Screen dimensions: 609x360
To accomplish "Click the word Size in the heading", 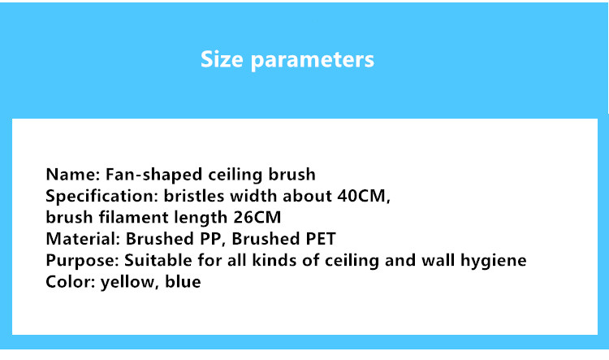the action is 222,59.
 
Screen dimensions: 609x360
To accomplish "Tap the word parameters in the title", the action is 313,61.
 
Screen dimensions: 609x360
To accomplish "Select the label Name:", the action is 73,174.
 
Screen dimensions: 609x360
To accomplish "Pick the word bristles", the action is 194,196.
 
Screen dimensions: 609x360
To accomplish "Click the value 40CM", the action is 361,196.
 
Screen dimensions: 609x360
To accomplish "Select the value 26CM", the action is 257,217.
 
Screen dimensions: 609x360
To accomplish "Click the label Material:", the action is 83,239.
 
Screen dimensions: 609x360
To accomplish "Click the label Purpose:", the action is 82,261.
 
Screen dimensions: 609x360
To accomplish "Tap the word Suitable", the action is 158,261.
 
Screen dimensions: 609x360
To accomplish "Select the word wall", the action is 438,261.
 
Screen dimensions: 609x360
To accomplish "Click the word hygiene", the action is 493,261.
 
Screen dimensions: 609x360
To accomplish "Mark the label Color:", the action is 71,282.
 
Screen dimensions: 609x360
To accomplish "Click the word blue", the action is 183,282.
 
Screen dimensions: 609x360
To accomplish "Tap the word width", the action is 254,196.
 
